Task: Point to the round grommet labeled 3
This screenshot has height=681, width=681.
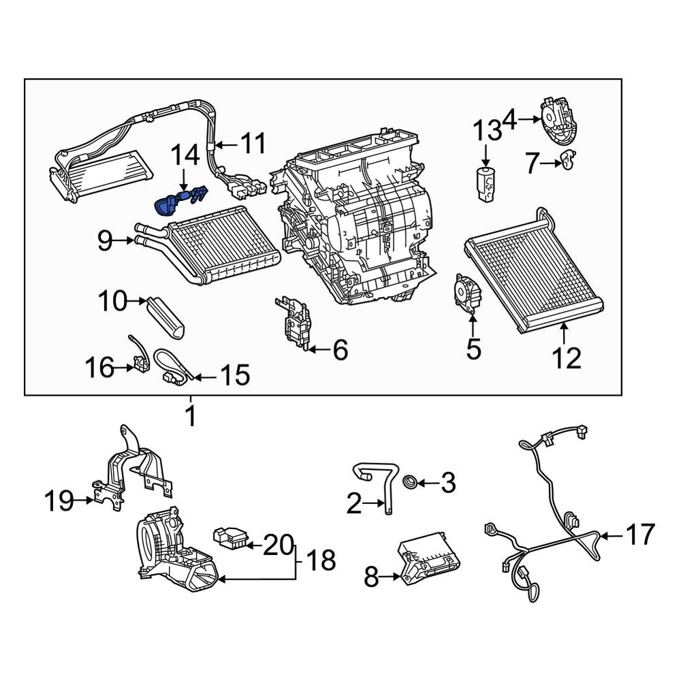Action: pyautogui.click(x=411, y=483)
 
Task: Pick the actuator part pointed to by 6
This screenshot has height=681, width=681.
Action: pyautogui.click(x=295, y=324)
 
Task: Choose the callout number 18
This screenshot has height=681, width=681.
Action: pyautogui.click(x=320, y=560)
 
